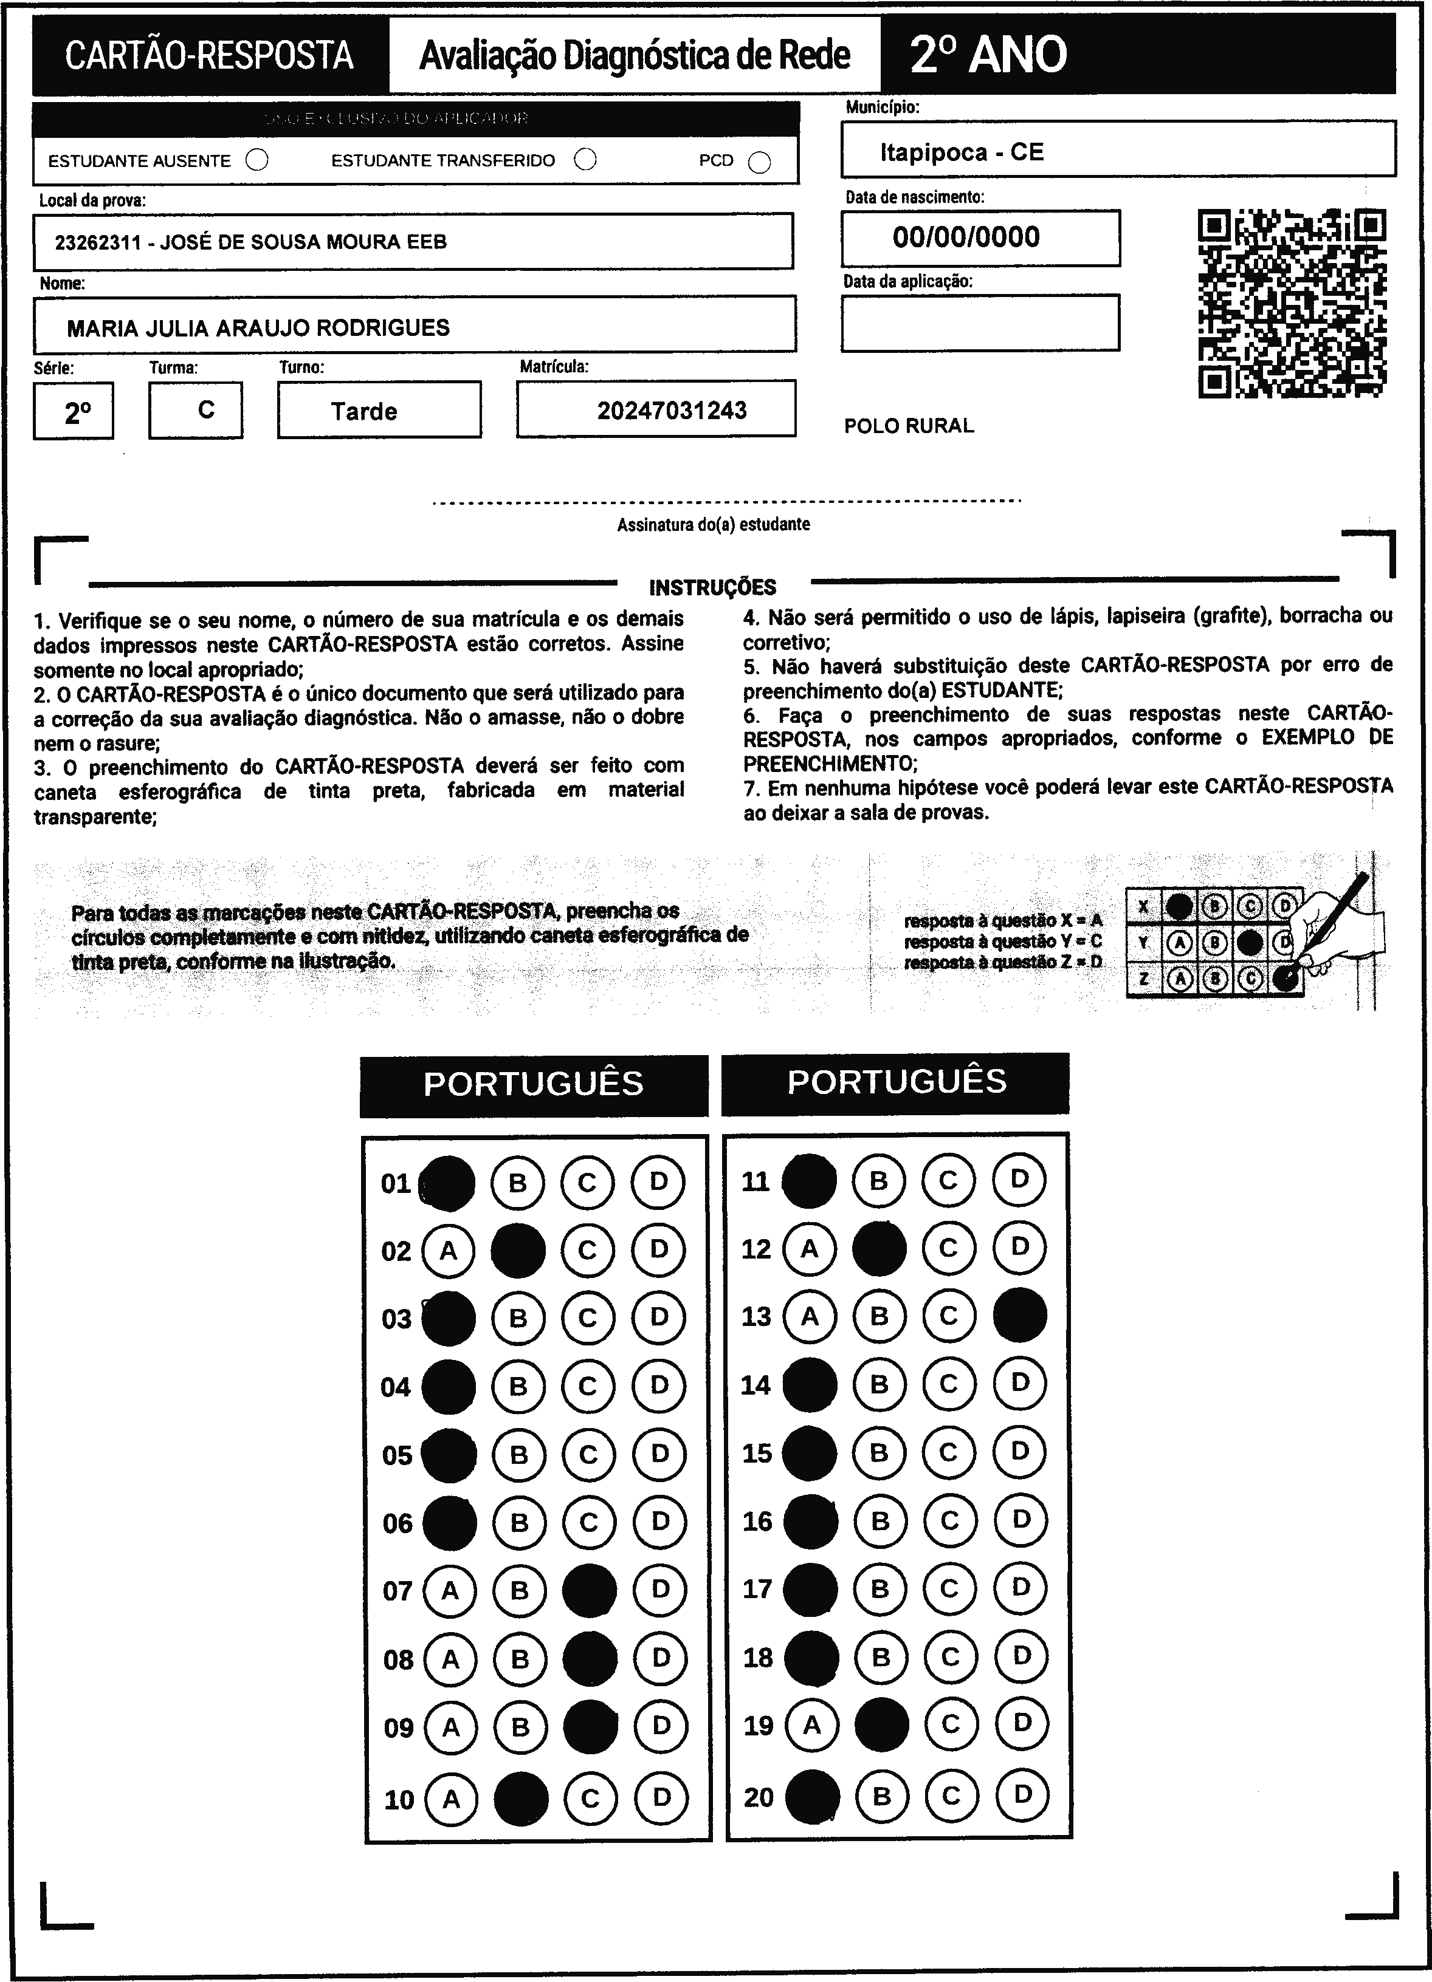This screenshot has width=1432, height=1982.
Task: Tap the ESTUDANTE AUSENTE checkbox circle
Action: point(257,161)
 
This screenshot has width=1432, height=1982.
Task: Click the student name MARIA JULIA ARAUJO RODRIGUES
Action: point(258,328)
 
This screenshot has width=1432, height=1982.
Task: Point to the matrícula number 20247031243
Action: point(672,411)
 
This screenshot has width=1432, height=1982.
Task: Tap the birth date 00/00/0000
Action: point(966,237)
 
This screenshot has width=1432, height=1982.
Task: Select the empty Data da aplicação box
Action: point(980,323)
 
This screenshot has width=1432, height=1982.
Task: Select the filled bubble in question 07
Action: point(589,1590)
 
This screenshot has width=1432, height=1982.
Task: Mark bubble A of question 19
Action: point(812,1725)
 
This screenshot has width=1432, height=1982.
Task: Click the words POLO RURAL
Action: point(908,426)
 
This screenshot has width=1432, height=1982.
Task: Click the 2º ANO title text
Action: point(988,55)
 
